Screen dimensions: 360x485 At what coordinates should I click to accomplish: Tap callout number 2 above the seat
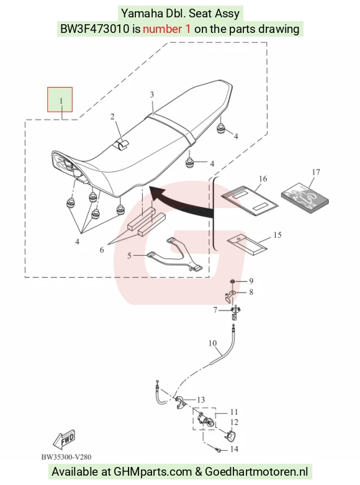(112, 116)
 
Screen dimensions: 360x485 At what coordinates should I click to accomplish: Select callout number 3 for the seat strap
(152, 94)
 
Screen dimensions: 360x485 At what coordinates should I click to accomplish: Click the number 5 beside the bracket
(129, 255)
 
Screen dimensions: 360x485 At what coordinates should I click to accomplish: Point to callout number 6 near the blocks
(102, 250)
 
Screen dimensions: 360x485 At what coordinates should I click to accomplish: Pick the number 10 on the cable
(212, 343)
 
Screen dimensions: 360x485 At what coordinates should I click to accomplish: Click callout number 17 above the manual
(316, 171)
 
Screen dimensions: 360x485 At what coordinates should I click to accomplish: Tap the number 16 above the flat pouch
(263, 178)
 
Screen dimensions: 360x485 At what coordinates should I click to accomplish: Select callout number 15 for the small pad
(277, 235)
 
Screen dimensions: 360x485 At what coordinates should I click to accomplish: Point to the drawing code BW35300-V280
(66, 457)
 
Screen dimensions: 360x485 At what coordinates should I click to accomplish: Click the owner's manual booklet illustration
(305, 199)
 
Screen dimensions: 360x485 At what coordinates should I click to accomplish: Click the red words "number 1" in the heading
(167, 29)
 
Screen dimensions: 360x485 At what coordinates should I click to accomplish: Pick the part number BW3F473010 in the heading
(94, 29)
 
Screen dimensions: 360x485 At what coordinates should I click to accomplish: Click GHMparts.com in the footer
(153, 472)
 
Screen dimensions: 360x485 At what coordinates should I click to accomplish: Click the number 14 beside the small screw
(234, 449)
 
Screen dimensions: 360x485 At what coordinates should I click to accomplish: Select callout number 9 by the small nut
(251, 281)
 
